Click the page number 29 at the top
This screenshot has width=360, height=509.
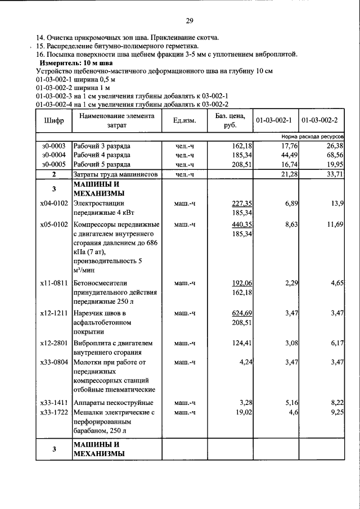pyautogui.click(x=190, y=21)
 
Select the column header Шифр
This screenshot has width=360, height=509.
pyautogui.click(x=53, y=121)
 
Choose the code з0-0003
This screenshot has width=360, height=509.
pyautogui.click(x=54, y=146)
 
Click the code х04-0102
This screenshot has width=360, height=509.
pyautogui.click(x=54, y=203)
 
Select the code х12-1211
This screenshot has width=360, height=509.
pyautogui.click(x=54, y=313)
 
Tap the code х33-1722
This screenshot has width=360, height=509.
pyautogui.click(x=54, y=412)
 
